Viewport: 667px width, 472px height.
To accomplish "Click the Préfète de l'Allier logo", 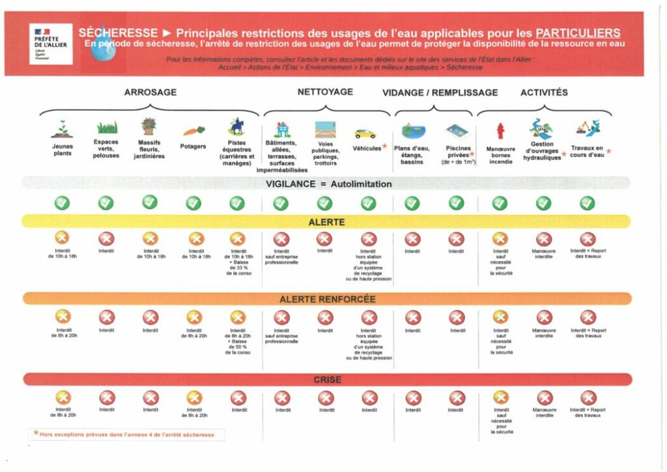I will tap(51, 44).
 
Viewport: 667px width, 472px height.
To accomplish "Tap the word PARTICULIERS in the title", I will tap(578, 33).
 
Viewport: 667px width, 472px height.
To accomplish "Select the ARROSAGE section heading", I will tap(150, 92).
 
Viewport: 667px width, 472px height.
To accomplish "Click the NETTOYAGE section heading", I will tap(325, 92).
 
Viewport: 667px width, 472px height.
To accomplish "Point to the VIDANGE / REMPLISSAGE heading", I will tap(440, 92).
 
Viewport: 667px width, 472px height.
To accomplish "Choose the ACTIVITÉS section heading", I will tap(544, 92).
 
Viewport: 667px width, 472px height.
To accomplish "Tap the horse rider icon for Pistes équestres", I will tap(236, 126).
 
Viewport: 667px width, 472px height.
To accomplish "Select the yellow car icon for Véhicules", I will tap(365, 133).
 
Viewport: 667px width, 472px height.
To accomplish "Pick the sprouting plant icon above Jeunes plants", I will tap(62, 129).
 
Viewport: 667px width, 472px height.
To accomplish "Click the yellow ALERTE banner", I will tap(326, 222).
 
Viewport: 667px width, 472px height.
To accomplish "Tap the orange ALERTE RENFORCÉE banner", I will tap(327, 299).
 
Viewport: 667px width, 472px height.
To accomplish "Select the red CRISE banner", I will tap(327, 380).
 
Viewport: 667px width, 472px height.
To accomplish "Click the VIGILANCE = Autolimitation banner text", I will tap(328, 184).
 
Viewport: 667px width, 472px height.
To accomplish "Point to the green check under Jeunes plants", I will tap(62, 203).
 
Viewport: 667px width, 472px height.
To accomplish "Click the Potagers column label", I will tap(193, 147).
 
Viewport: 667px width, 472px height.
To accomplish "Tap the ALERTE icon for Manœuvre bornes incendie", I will tap(500, 239).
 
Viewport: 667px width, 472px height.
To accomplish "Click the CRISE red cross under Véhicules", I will tap(369, 397).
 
